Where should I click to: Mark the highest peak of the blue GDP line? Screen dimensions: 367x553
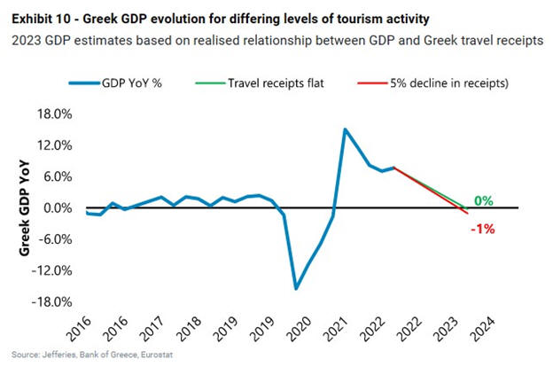click(x=345, y=129)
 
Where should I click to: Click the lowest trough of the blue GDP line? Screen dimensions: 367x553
click(x=296, y=288)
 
